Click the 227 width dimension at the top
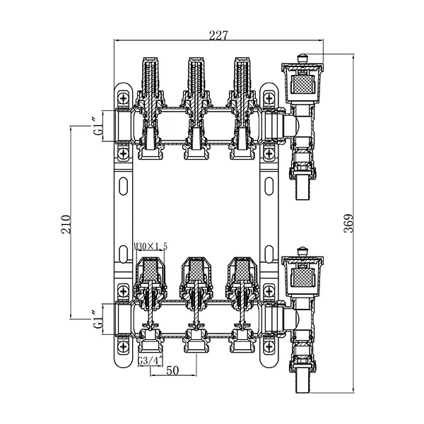coord(218,35)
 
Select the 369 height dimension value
coord(348,223)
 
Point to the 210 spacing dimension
coord(66,225)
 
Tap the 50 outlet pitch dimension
coord(172,370)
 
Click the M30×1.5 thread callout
coord(151,247)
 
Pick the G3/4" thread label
coord(151,360)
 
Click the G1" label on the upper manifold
coord(98,126)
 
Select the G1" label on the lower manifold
coord(98,319)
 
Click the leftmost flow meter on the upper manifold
coord(150,78)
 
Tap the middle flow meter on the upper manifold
coord(196,78)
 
